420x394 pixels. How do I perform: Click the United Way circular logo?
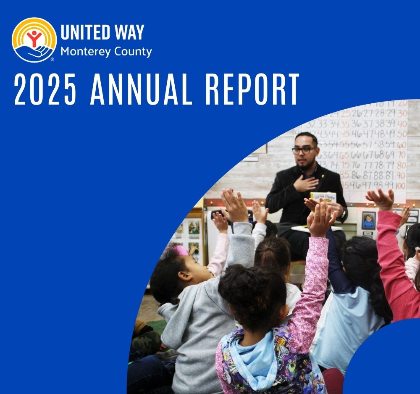[x=34, y=40]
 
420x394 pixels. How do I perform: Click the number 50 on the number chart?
[x=402, y=134]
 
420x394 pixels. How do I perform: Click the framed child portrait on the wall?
[x=368, y=220]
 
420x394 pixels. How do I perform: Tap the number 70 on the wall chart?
[x=402, y=155]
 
